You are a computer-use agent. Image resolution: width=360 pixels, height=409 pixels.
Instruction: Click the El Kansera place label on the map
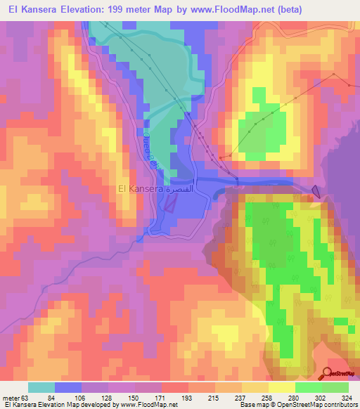pyautogui.click(x=140, y=188)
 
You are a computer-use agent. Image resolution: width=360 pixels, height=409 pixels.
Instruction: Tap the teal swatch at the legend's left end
pyautogui.click(x=41, y=387)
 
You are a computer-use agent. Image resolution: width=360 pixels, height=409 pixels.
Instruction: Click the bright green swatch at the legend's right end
pyautogui.click(x=335, y=387)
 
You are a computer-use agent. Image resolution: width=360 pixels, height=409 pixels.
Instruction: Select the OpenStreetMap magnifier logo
pyautogui.click(x=329, y=373)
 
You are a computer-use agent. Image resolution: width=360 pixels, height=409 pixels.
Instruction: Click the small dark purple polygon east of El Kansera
pyautogui.click(x=316, y=190)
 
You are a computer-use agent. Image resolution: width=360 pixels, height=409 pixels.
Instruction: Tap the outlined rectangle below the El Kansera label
pyautogui.click(x=171, y=202)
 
